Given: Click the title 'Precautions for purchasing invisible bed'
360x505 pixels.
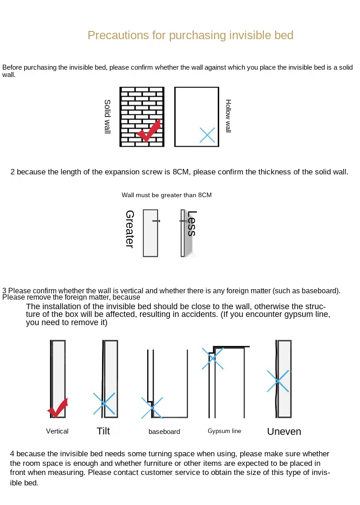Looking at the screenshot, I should pos(190,35).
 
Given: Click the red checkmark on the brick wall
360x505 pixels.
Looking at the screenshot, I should pos(149,131).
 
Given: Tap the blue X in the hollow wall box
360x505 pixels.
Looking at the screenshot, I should pos(207,135).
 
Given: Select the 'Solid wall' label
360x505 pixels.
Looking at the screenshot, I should pos(108,117).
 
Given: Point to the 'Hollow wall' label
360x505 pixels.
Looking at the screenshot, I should pos(228,116).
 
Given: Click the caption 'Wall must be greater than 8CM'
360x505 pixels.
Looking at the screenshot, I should pos(166,195).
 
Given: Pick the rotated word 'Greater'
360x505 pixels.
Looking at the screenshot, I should pos(129,229).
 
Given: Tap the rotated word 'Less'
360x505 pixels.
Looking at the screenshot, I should pos(191,223).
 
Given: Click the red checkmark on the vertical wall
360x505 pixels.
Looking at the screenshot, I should pos(58,408).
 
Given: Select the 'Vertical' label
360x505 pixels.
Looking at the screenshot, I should pos(57,431).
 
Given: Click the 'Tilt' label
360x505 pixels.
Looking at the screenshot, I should pos(103,431).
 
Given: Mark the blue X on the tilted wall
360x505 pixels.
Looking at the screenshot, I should pos(104,403).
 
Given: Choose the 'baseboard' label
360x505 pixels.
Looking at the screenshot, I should pos(164,432).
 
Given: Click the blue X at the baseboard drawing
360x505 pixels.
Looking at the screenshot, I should pos(152,408).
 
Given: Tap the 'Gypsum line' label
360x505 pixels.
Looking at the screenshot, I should pos(224,431).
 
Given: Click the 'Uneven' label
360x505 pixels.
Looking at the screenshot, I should pos(284,432).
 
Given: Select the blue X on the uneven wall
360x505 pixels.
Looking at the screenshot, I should pos(278,381).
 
